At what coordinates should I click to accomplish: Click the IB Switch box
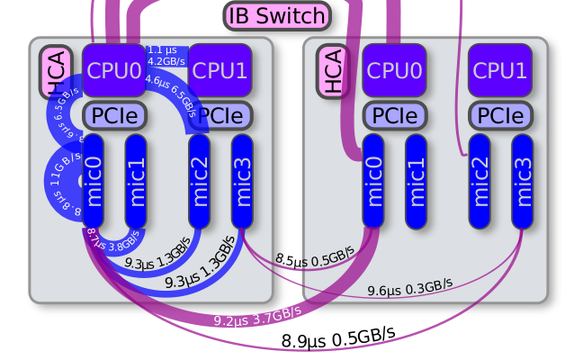pyautogui.click(x=277, y=15)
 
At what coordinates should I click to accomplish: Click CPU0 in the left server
pyautogui.click(x=113, y=70)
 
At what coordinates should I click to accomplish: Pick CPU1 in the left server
pyautogui.click(x=220, y=70)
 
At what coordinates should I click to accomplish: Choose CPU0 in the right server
pyautogui.click(x=394, y=70)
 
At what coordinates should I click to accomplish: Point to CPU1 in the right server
pyautogui.click(x=500, y=70)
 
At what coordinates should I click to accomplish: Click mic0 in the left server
pyautogui.click(x=94, y=181)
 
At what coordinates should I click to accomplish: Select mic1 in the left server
pyautogui.click(x=136, y=181)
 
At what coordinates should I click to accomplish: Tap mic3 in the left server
pyautogui.click(x=242, y=181)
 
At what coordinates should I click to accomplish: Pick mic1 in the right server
pyautogui.click(x=417, y=181)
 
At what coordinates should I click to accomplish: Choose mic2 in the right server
pyautogui.click(x=480, y=181)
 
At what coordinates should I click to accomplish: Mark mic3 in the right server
pyautogui.click(x=523, y=181)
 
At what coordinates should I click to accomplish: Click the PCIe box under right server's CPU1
pyautogui.click(x=500, y=115)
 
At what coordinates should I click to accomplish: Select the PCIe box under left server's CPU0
pyautogui.click(x=113, y=115)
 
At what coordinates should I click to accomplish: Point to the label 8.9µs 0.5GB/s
pyautogui.click(x=338, y=337)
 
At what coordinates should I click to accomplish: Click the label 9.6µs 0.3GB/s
pyautogui.click(x=409, y=288)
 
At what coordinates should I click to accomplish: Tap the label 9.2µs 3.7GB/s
pyautogui.click(x=256, y=315)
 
